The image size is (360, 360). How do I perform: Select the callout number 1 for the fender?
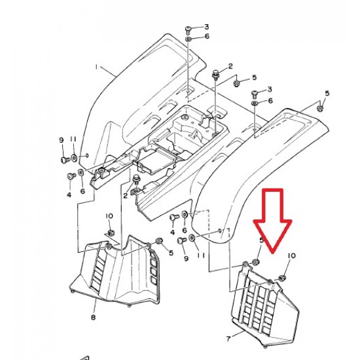96,67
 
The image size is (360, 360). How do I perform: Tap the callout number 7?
228,339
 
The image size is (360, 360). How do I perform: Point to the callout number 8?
93,317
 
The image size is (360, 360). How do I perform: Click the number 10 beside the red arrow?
292,255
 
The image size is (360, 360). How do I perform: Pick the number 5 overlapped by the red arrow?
261,240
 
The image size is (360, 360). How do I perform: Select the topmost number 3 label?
207,27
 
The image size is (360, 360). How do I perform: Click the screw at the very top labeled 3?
188,30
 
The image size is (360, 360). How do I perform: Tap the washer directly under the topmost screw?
188,39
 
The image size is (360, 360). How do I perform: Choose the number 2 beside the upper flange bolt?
230,66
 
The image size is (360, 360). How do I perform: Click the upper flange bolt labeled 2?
216,74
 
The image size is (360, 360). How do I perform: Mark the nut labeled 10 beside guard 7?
282,278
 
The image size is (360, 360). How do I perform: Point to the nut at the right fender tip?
321,108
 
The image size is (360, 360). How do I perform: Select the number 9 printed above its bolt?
62,140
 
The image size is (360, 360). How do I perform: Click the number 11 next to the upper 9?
73,139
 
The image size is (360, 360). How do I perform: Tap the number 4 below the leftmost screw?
69,195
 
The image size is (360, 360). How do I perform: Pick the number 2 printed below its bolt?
126,196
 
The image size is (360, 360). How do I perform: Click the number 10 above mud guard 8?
109,216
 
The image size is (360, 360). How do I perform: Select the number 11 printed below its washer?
201,255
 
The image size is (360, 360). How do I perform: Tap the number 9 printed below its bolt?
186,259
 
